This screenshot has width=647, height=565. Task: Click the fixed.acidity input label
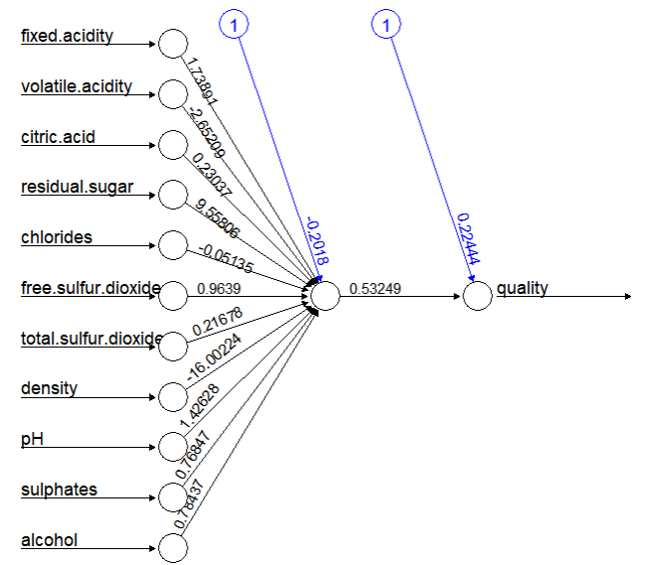pos(67,37)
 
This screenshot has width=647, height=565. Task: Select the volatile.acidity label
pos(76,86)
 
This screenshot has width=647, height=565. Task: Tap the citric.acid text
pos(58,137)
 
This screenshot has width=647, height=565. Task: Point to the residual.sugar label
pos(77,187)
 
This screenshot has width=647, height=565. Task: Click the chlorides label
pos(56,237)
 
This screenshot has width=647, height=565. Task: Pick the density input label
pos(49,388)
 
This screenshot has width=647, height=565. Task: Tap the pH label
pos(31,439)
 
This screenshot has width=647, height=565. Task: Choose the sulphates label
pos(59,490)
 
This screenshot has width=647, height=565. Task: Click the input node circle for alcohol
pos(173,548)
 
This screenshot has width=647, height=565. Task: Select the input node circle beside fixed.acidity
pos(173,44)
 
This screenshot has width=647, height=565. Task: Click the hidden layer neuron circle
pos(325,296)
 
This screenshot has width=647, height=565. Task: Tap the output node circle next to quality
pos(478,296)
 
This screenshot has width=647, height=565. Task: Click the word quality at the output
pos(522,289)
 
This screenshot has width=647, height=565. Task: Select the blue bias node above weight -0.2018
pos(234,25)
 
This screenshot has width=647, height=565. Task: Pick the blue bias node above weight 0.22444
pos(386,25)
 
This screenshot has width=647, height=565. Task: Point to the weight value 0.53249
pos(375,289)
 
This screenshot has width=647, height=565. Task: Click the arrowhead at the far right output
pos(626,296)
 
